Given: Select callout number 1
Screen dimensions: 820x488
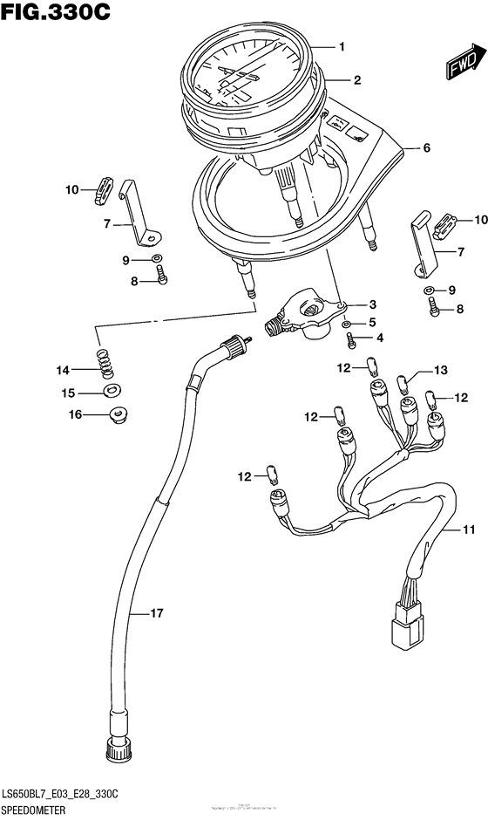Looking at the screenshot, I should click(x=342, y=46).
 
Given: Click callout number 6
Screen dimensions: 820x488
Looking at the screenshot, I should click(x=427, y=148).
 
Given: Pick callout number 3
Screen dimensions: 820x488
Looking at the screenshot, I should click(x=372, y=304).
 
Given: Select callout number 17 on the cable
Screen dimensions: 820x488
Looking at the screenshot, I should click(x=156, y=614).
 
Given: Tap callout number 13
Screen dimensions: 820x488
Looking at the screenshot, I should click(x=440, y=371).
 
